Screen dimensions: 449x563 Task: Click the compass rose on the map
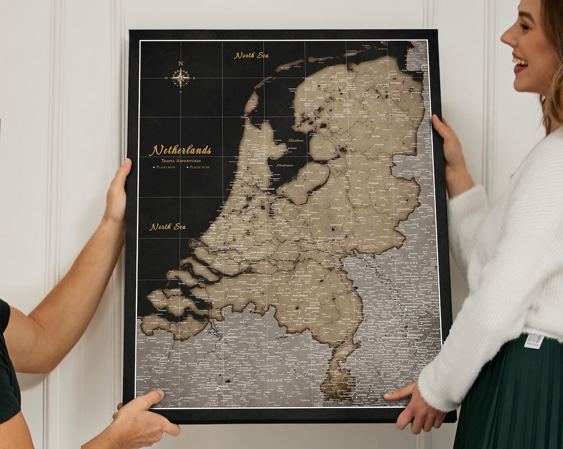click(x=180, y=78)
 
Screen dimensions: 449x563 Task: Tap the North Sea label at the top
click(x=251, y=55)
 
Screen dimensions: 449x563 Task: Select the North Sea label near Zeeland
click(x=168, y=227)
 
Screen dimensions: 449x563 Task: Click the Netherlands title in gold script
click(x=180, y=150)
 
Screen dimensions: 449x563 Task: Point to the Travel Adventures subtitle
click(x=181, y=161)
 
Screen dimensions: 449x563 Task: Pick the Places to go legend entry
click(x=199, y=167)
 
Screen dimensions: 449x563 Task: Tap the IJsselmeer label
click(x=295, y=140)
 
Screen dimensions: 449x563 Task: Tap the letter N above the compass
click(x=181, y=63)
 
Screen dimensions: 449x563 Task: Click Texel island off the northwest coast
click(x=251, y=102)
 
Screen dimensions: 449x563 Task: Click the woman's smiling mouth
click(x=520, y=63)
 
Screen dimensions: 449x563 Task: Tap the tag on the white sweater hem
click(x=534, y=340)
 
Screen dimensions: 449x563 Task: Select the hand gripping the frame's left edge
click(x=119, y=193)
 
